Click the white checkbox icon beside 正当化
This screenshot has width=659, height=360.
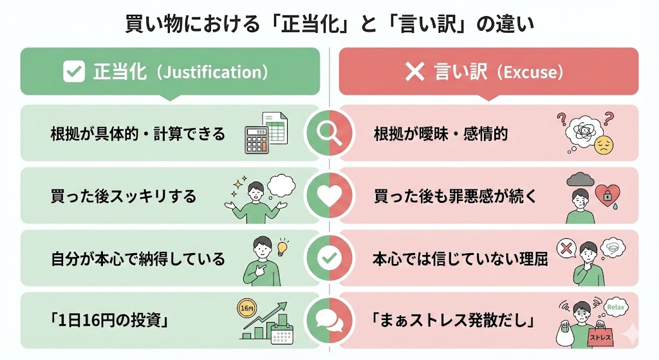click(74, 71)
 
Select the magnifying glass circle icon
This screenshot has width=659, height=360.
click(329, 133)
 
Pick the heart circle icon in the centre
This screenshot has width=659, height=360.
click(329, 196)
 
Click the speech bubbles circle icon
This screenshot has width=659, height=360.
click(329, 320)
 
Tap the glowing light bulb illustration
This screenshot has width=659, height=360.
click(281, 246)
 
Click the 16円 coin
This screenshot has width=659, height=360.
click(246, 308)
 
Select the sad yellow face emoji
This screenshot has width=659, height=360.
click(603, 143)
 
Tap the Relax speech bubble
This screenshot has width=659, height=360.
click(615, 307)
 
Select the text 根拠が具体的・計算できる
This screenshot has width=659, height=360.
click(138, 134)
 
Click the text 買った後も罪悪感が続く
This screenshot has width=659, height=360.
click(454, 196)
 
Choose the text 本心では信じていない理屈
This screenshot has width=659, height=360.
click(460, 259)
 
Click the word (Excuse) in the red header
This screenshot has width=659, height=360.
click(528, 72)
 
